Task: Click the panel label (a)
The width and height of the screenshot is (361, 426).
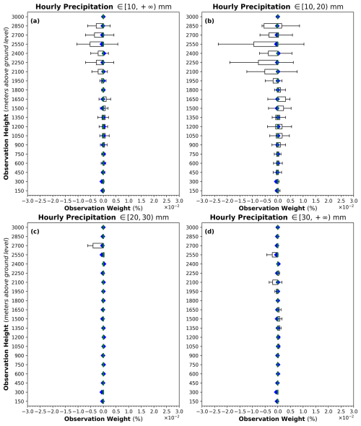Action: click(x=35, y=21)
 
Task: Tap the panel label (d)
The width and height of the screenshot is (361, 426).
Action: click(x=209, y=232)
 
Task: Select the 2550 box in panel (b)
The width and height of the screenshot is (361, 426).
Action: click(x=266, y=44)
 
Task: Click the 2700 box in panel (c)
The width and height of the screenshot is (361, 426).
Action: click(x=98, y=245)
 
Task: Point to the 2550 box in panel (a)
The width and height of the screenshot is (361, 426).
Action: click(x=97, y=44)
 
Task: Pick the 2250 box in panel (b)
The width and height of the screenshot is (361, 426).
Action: click(x=268, y=63)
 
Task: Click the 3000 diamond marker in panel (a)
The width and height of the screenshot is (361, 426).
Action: click(x=103, y=17)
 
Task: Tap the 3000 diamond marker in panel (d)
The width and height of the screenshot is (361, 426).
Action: click(x=277, y=227)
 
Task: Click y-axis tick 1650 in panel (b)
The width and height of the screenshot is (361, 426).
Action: click(x=193, y=99)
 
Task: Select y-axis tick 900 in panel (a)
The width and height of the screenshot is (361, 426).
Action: click(x=19, y=145)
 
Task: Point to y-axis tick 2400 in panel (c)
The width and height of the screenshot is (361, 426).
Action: click(x=18, y=264)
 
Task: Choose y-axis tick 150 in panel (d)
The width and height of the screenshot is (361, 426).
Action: click(x=194, y=401)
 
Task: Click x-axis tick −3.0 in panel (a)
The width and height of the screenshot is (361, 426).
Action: click(x=27, y=201)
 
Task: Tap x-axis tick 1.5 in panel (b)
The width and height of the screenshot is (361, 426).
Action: click(x=316, y=201)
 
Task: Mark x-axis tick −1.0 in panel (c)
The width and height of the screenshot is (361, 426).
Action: click(x=78, y=412)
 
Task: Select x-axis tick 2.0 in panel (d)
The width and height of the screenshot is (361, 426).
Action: click(x=329, y=412)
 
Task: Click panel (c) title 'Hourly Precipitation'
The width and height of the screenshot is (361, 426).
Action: click(x=77, y=217)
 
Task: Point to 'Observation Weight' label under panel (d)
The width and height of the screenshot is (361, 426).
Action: click(x=271, y=419)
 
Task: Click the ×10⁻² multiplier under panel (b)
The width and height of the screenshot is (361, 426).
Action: click(x=346, y=207)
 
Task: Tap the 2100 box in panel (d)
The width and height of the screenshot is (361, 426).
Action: click(x=275, y=282)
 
